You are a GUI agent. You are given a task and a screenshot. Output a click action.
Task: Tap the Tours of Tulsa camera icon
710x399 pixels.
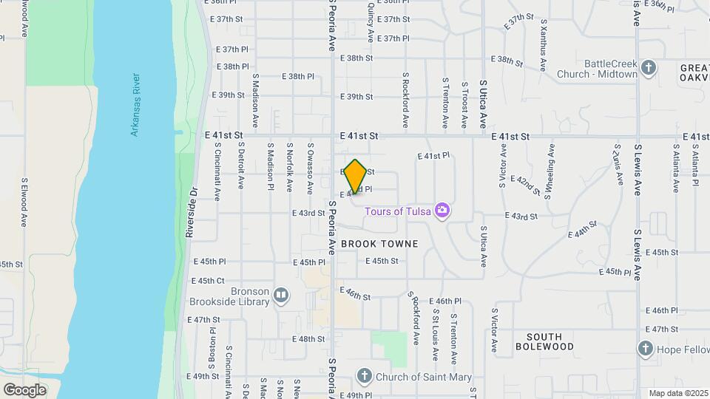tap(442, 211)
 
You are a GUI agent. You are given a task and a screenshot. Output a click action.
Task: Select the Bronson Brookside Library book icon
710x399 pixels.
tap(281, 296)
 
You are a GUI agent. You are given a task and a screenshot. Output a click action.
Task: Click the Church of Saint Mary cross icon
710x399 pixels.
tap(364, 377)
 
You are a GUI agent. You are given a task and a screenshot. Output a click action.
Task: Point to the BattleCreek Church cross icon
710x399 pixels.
tap(649, 69)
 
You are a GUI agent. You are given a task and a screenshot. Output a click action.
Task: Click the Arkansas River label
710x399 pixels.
tap(135, 104)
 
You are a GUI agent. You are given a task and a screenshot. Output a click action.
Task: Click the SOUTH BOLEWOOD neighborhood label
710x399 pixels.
tap(544, 341)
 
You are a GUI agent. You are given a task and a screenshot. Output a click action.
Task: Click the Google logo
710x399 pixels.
tap(24, 389)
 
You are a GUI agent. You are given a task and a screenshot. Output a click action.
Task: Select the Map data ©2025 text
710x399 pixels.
tap(678, 393)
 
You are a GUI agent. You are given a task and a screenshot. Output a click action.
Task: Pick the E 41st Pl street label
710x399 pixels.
tap(433, 156)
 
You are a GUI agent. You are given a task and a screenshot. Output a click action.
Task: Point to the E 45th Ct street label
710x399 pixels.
tap(208, 281)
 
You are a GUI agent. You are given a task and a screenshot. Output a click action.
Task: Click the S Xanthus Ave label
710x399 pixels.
tap(543, 52)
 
